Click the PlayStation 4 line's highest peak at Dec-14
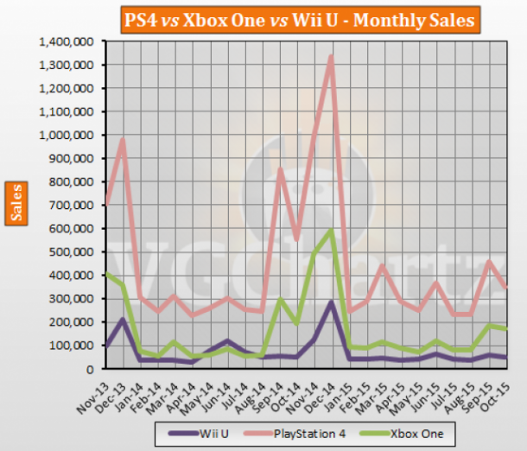pyautogui.click(x=331, y=57)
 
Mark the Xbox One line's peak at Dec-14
pyautogui.click(x=331, y=230)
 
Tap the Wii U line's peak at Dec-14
pyautogui.click(x=331, y=302)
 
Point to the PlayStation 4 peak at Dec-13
pyautogui.click(x=124, y=140)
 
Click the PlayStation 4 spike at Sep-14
pyautogui.click(x=280, y=169)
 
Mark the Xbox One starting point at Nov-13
pyautogui.click(x=105, y=274)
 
